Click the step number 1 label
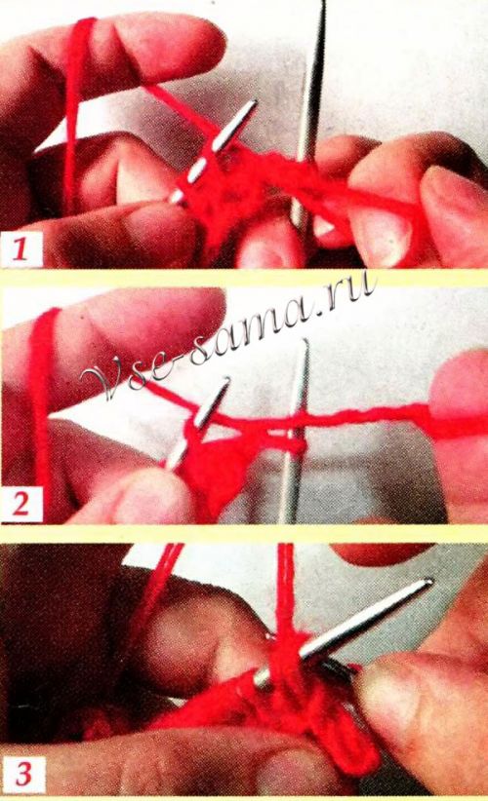coord(20,250)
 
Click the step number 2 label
coord(20,505)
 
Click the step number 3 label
coord(23,774)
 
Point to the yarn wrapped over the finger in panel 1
coord(77,102)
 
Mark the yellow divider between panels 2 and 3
coord(244,533)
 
